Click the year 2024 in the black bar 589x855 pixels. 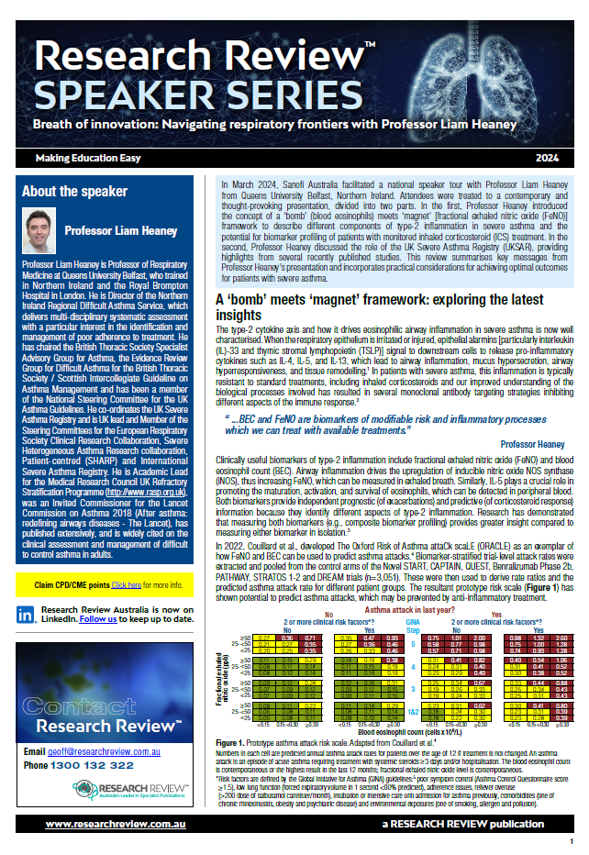[549, 158]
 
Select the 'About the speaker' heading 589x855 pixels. [74, 192]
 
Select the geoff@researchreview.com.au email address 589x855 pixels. [113, 751]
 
